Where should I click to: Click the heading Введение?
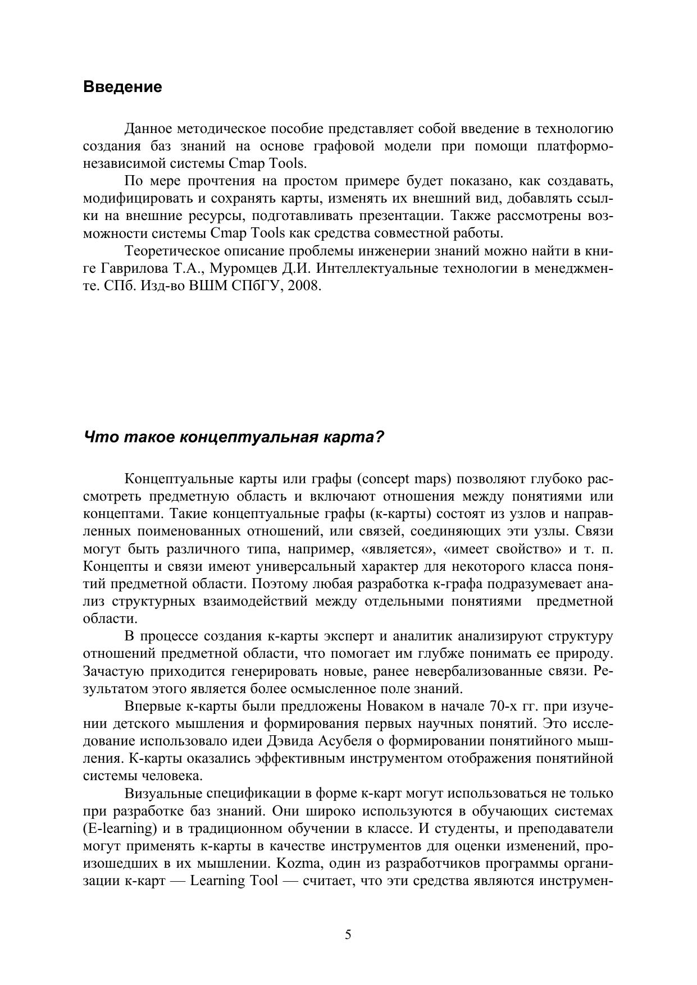122,87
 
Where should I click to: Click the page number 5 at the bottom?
348,934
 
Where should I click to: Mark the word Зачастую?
112,671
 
